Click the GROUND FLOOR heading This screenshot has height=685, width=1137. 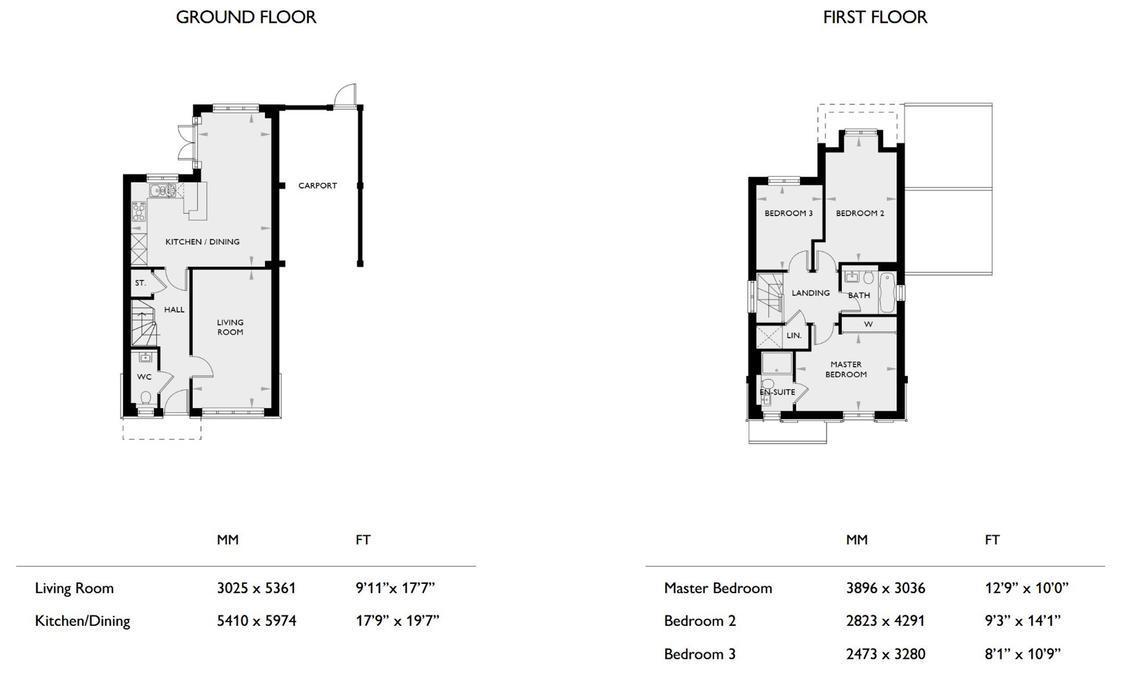246,17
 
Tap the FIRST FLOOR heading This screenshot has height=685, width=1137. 875,17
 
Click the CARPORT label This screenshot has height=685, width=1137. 318,185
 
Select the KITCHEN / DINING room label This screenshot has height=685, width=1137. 202,242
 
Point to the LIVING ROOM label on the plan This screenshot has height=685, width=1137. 230,327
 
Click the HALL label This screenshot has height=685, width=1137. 174,309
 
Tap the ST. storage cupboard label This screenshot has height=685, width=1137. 140,283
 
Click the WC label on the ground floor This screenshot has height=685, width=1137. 144,376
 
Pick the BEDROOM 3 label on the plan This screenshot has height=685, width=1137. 789,213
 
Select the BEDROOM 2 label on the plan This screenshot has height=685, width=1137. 860,213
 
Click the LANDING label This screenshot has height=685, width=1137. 811,293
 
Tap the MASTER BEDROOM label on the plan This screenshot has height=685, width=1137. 846,369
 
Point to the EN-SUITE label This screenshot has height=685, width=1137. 777,392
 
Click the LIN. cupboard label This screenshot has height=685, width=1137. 794,335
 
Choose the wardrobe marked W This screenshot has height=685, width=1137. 868,324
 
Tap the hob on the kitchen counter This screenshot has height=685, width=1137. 139,211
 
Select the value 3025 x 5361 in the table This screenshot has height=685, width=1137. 256,588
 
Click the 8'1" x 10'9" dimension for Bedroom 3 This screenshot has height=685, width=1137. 1023,654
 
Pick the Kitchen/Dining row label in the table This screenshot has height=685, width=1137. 82,621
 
